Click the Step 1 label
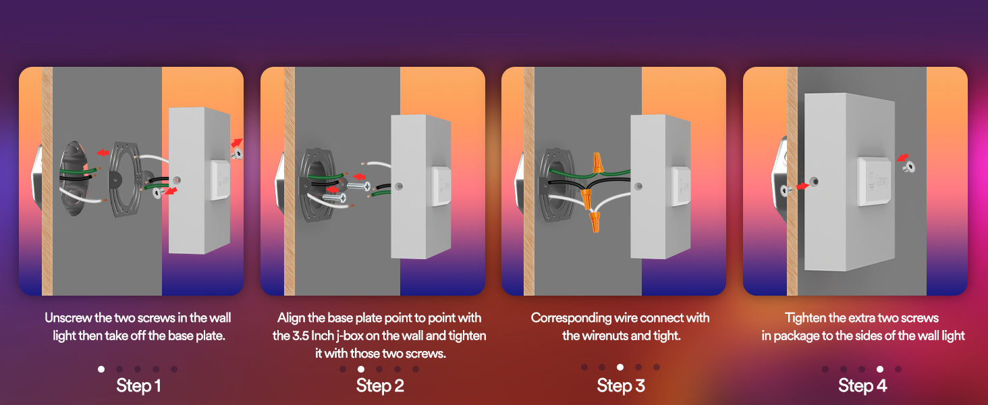pyautogui.click(x=138, y=385)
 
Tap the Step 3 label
pyautogui.click(x=621, y=385)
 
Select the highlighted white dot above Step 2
pyautogui.click(x=361, y=369)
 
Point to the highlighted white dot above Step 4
pyautogui.click(x=879, y=369)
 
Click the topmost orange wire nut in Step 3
pyautogui.click(x=598, y=163)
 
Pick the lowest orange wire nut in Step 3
pyautogui.click(x=595, y=221)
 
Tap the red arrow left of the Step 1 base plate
pyautogui.click(x=103, y=153)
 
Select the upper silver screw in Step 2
pyautogui.click(x=358, y=186)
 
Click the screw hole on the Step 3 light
pyautogui.click(x=638, y=186)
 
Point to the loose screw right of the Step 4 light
pyautogui.click(x=908, y=167)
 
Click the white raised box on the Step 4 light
pyautogui.click(x=874, y=181)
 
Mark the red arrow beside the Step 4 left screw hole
pyautogui.click(x=802, y=186)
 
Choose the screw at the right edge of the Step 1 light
pyautogui.click(x=237, y=154)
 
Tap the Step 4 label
pyautogui.click(x=862, y=385)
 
